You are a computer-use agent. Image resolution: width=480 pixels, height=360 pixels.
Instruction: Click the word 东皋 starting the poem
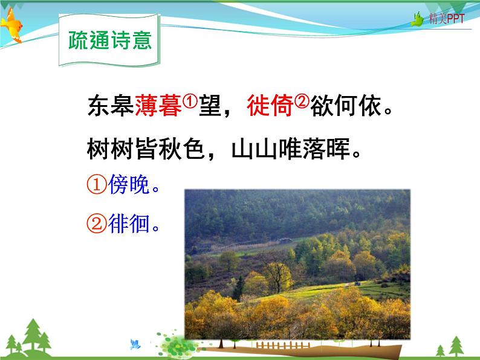111,108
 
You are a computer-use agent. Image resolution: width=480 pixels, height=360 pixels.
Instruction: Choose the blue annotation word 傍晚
129,187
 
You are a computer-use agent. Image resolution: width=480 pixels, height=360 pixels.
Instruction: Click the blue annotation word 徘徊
129,225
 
